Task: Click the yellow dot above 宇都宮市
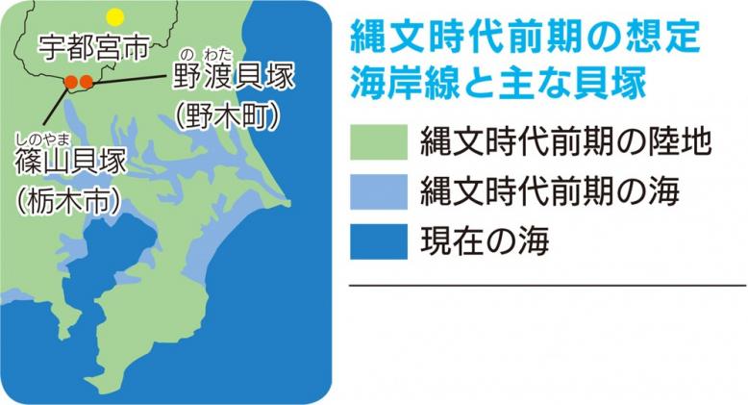point(115,17)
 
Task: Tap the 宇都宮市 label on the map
point(93,48)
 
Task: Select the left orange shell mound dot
point(71,82)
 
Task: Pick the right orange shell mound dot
point(86,82)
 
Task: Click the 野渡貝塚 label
point(234,76)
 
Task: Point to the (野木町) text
point(227,116)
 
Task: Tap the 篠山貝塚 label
point(71,162)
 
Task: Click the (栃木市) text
point(67,201)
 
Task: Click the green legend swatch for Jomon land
point(379,141)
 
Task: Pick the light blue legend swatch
point(379,191)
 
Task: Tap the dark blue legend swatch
point(379,241)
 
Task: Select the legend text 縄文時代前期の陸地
point(565,141)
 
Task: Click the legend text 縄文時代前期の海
point(550,191)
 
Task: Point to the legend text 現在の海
point(485,241)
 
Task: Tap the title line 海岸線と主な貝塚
point(499,82)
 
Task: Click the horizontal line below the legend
point(548,286)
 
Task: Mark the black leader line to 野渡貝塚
point(132,79)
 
